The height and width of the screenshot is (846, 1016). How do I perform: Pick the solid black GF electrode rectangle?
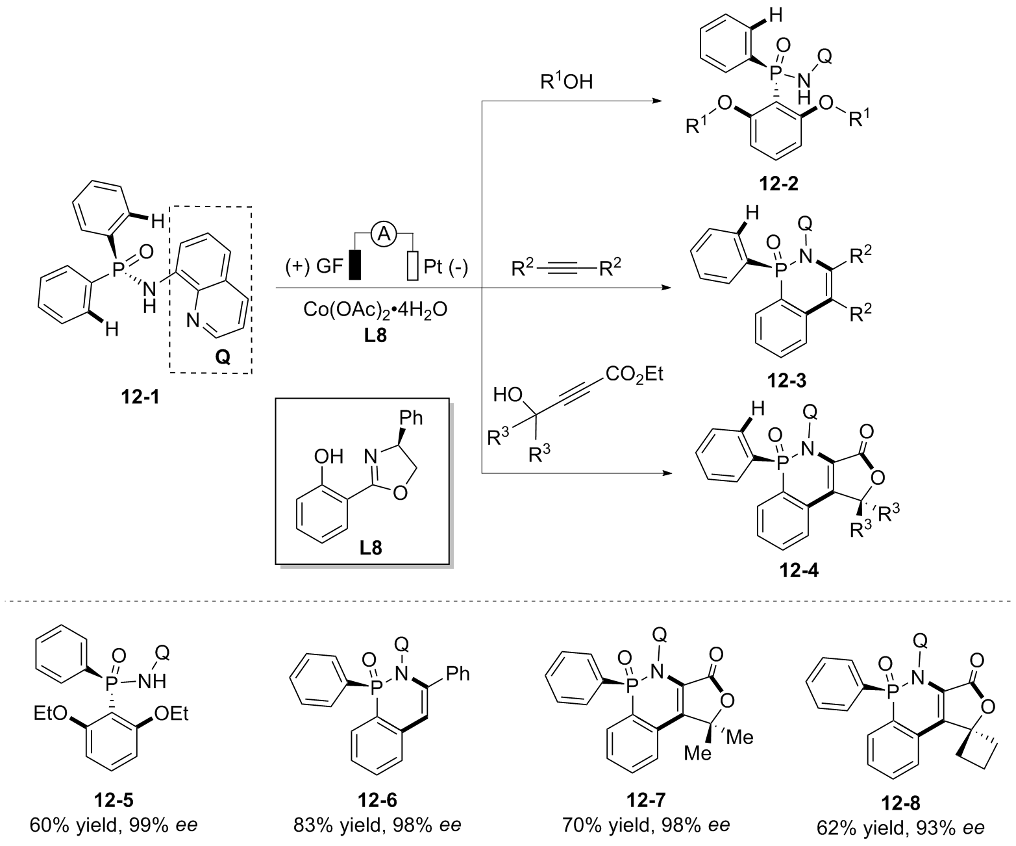[354, 265]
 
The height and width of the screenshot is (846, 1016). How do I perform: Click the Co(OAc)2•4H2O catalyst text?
[375, 309]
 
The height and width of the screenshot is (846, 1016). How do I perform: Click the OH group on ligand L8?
[328, 456]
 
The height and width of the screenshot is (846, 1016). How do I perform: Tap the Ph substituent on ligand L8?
[409, 417]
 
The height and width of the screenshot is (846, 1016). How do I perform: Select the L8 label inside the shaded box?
[371, 548]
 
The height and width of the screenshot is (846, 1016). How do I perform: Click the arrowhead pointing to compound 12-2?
[656, 101]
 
